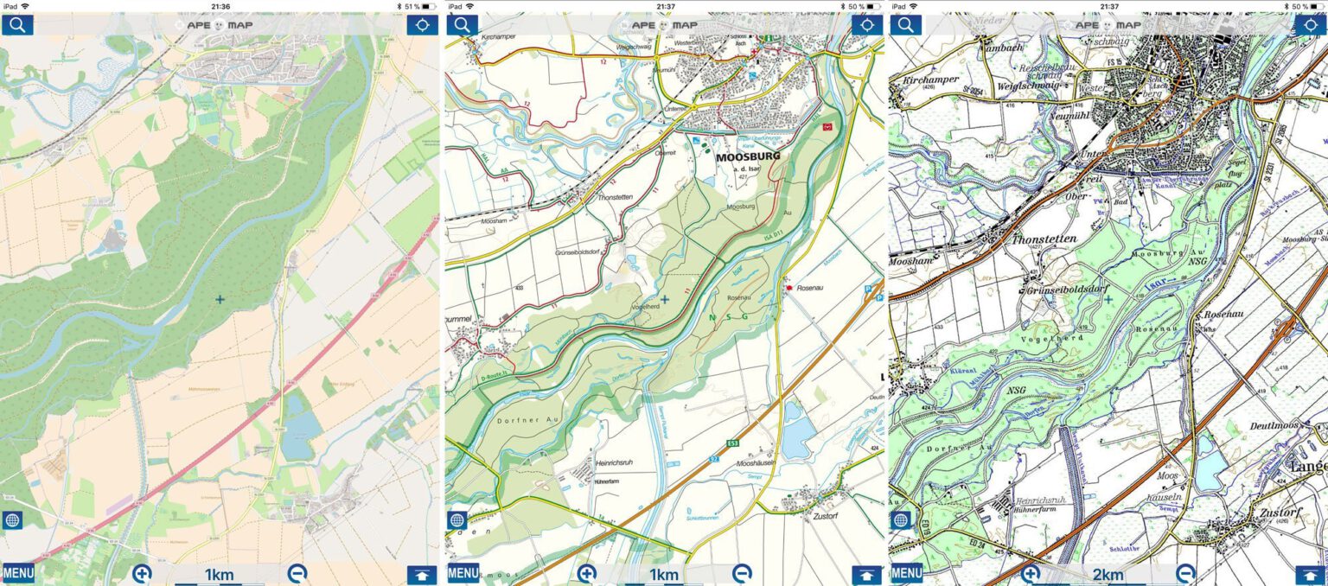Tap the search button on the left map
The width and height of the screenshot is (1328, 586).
(17, 24)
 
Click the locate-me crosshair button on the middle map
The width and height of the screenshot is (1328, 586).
(867, 24)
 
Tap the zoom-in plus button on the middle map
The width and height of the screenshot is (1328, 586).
(587, 573)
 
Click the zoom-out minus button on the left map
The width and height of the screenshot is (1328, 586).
(297, 573)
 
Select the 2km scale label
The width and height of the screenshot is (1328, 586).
(1108, 576)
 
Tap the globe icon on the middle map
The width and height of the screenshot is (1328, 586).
(457, 520)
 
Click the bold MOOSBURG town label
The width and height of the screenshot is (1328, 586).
(748, 157)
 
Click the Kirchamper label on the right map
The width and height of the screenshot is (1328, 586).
(929, 80)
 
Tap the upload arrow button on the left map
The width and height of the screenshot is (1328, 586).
(424, 574)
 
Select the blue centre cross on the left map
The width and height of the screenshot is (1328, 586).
(220, 299)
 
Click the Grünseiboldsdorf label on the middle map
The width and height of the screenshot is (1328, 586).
(585, 252)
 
